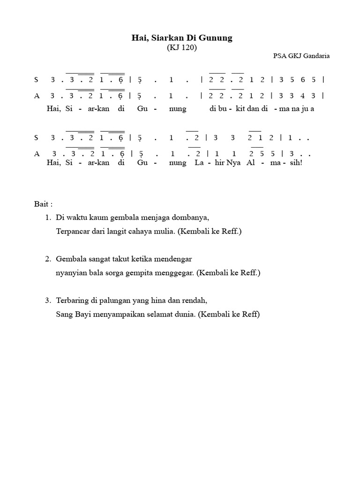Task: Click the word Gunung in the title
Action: pyautogui.click(x=217, y=38)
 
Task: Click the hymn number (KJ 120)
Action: pyautogui.click(x=181, y=48)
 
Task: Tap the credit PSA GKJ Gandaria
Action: pyautogui.click(x=301, y=56)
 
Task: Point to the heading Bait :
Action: pyautogui.click(x=44, y=204)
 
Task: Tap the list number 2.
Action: pyautogui.click(x=48, y=259)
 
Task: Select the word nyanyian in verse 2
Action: pyautogui.click(x=70, y=273)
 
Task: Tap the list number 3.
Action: pyautogui.click(x=48, y=300)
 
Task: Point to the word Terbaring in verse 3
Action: pyautogui.click(x=71, y=300)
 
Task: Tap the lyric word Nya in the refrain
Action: pyautogui.click(x=234, y=163)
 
